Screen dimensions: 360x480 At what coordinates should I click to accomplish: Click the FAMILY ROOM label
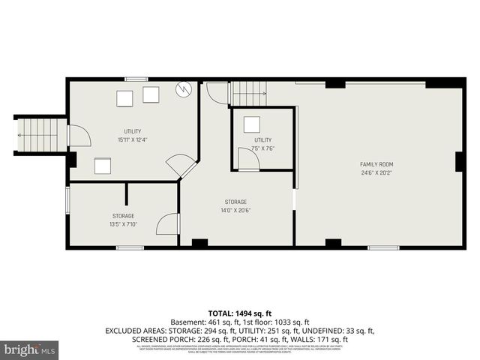376,164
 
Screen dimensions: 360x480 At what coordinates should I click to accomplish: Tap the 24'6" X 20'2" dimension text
376,172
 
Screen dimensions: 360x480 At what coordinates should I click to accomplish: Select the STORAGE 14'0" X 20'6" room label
235,202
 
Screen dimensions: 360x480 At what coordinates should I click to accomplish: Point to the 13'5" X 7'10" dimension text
124,223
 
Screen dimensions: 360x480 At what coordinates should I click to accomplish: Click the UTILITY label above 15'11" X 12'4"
133,132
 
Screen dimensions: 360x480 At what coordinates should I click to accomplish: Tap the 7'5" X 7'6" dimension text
262,148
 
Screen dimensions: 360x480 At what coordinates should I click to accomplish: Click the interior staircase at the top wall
248,93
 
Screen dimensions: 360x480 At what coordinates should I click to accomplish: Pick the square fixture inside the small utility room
253,124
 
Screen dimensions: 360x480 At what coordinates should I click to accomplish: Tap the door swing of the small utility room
247,159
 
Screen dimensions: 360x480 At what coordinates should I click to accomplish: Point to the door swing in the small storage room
168,223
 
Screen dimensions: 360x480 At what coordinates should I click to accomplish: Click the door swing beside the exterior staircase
79,136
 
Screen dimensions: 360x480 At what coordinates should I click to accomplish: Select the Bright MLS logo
30,349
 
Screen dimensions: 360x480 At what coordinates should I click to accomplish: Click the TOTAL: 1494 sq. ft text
240,313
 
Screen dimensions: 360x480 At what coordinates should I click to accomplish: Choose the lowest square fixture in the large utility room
103,165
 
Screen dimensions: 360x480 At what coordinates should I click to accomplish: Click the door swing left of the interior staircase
217,93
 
